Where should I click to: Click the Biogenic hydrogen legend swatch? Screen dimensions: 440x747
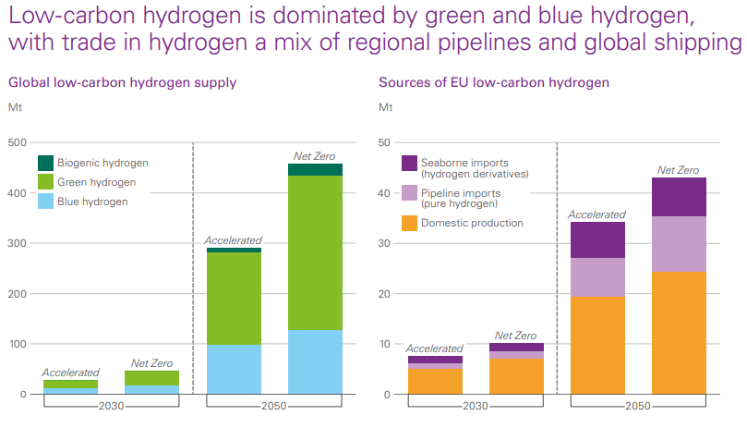(x=45, y=163)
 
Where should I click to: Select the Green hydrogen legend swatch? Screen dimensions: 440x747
(x=45, y=182)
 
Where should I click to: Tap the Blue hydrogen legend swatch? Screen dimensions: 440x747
(x=45, y=202)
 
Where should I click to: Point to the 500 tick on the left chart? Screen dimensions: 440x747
(x=17, y=143)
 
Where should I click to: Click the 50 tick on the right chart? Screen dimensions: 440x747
(x=386, y=143)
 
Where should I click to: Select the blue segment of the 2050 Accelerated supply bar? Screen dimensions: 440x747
(x=234, y=370)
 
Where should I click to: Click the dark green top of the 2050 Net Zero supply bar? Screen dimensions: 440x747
(x=315, y=169)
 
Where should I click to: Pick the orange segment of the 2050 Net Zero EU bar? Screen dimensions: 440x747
(x=679, y=333)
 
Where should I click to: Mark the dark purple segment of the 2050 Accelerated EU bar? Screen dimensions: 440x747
(x=597, y=239)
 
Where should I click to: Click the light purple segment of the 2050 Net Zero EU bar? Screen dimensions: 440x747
(x=679, y=243)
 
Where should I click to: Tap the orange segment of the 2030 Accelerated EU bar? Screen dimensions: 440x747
(x=435, y=382)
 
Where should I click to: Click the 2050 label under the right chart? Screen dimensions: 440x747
(x=637, y=406)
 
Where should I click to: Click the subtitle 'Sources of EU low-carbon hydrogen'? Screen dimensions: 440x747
(x=494, y=82)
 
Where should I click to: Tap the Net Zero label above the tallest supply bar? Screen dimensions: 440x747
(x=314, y=155)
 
